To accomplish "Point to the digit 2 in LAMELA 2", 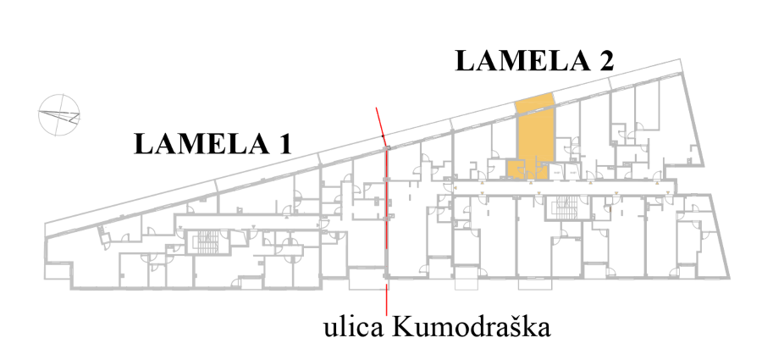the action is [605, 62].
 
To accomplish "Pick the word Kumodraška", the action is [471, 328].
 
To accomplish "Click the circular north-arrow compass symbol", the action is [59, 114].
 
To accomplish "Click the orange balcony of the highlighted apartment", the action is [534, 102].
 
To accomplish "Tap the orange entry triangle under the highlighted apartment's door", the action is [531, 183].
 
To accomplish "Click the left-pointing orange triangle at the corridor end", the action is [456, 188].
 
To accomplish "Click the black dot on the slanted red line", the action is [383, 136].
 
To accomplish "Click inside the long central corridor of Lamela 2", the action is [564, 188].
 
